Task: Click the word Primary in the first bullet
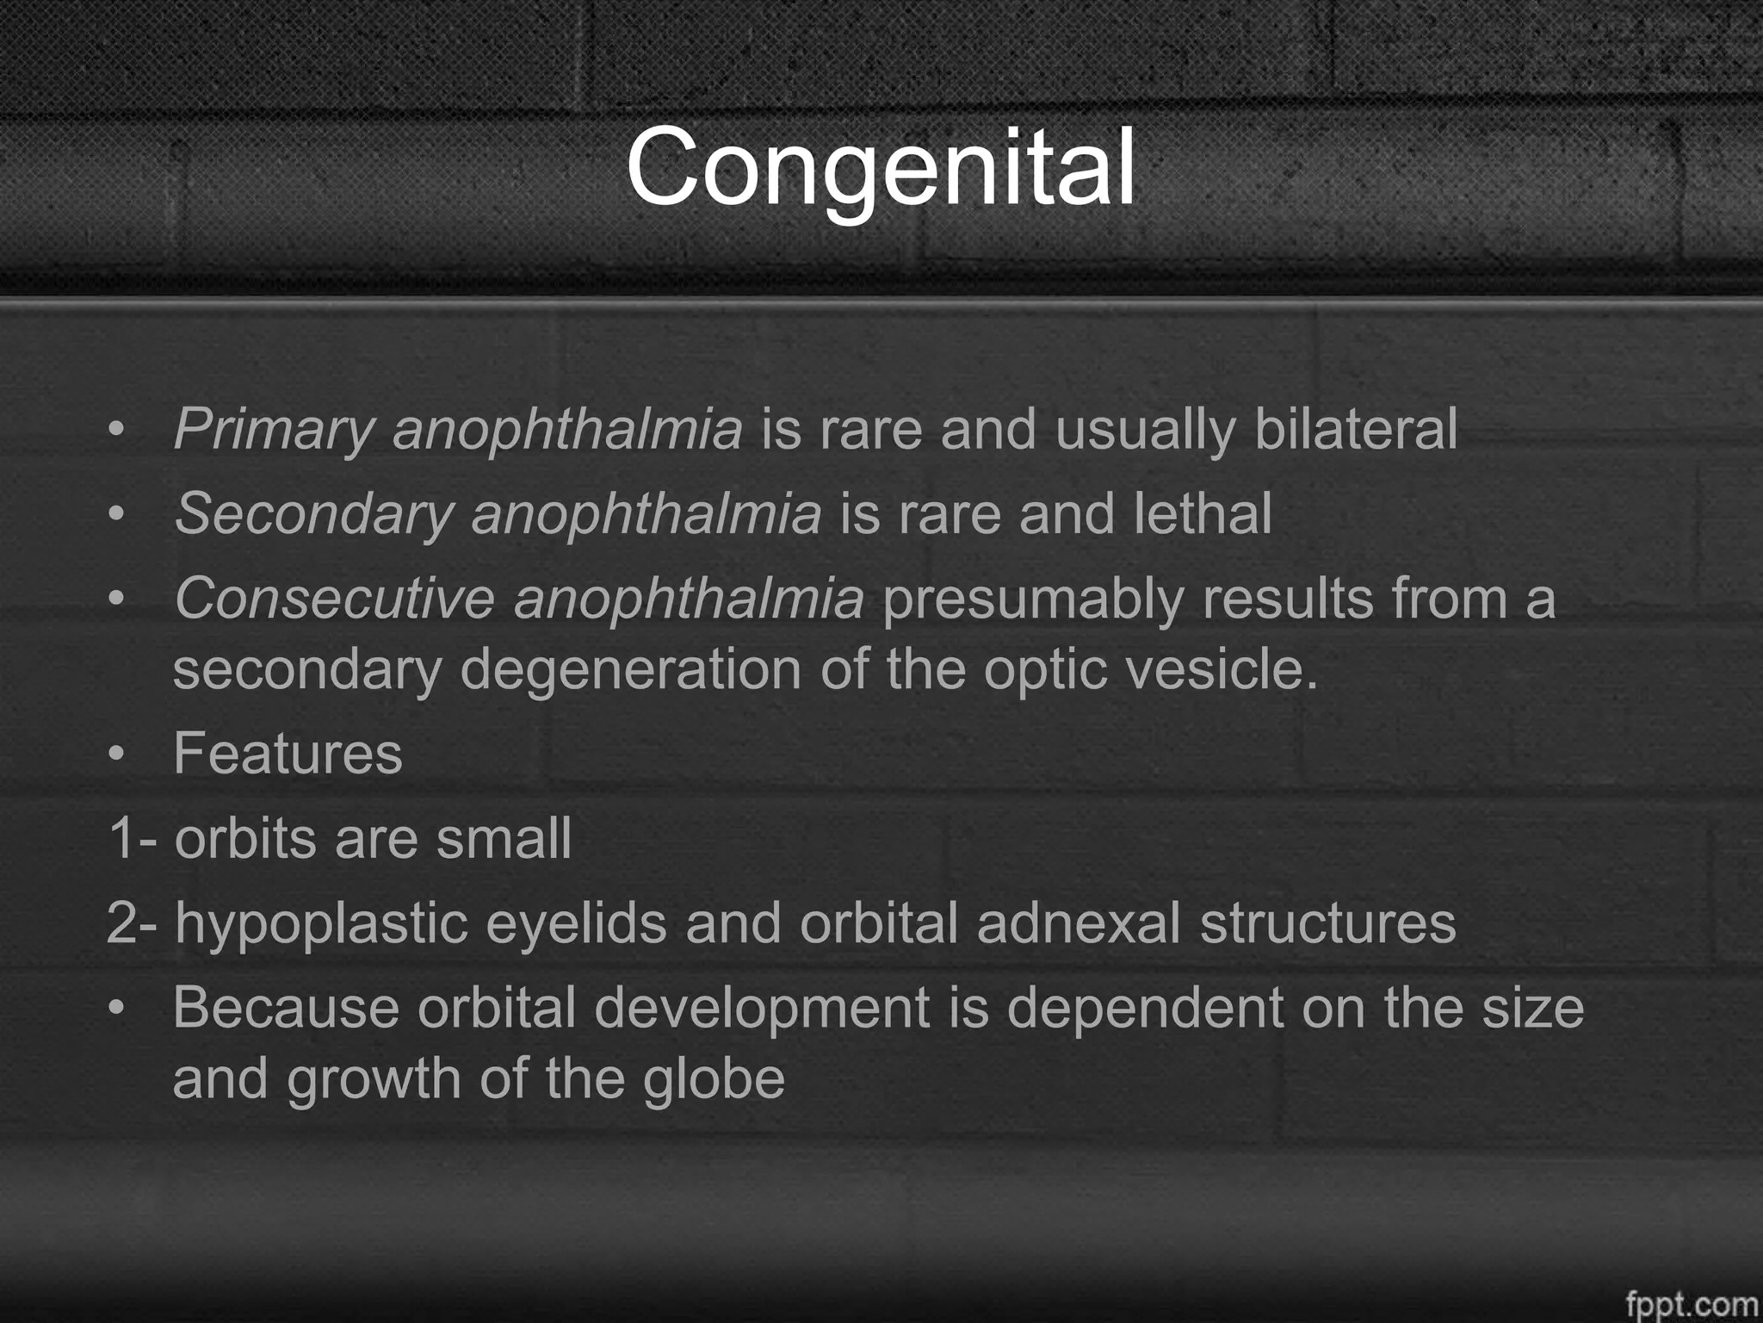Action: [274, 430]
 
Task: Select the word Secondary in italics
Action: [313, 514]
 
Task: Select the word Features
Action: [288, 754]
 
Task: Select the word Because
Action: [286, 1007]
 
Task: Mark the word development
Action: [762, 1009]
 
